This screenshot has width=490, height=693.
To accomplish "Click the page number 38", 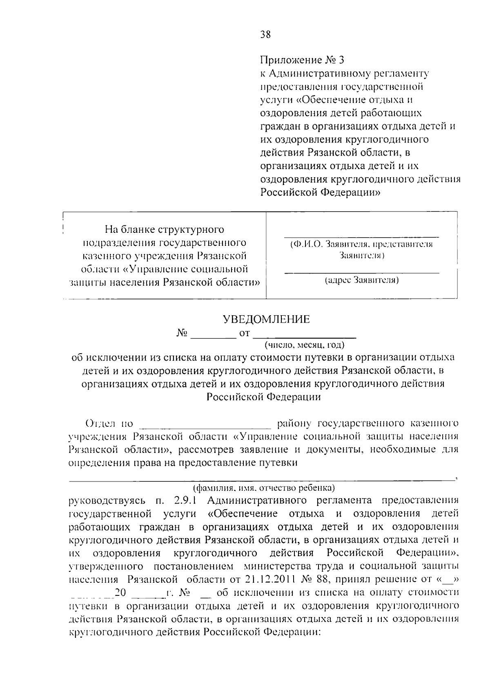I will pyautogui.click(x=265, y=35).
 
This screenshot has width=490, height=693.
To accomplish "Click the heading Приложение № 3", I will pyautogui.click(x=302, y=60).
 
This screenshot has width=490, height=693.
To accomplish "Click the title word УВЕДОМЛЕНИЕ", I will pyautogui.click(x=266, y=319).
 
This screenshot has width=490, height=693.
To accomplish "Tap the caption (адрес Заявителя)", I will pyautogui.click(x=361, y=281).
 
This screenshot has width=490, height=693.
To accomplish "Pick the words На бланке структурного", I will pyautogui.click(x=165, y=230).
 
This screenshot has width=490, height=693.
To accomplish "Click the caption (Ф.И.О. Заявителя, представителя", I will pyautogui.click(x=361, y=245).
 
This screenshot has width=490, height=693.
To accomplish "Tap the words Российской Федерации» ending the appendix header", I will pyautogui.click(x=321, y=192).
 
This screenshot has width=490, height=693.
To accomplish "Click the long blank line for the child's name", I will pyautogui.click(x=261, y=480).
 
